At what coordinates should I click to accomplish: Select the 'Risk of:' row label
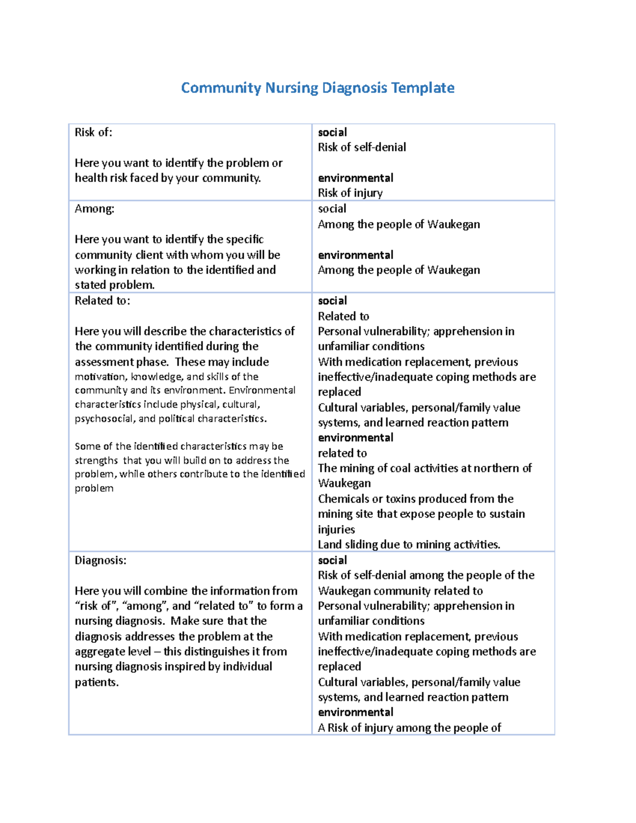pyautogui.click(x=93, y=132)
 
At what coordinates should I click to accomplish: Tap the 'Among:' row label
pyautogui.click(x=94, y=209)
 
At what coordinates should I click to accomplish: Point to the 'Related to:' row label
pyautogui.click(x=102, y=301)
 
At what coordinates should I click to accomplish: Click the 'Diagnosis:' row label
pyautogui.click(x=100, y=561)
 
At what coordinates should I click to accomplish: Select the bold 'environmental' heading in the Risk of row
pyautogui.click(x=355, y=178)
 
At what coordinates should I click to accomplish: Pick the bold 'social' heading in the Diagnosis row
pyautogui.click(x=332, y=561)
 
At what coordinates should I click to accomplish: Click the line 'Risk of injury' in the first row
pyautogui.click(x=350, y=193)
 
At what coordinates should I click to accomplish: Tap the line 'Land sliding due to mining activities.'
pyautogui.click(x=409, y=545)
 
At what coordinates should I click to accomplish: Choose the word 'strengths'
pyautogui.click(x=96, y=461)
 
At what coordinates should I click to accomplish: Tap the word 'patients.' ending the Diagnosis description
pyautogui.click(x=96, y=683)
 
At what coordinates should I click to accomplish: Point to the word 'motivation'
pyautogui.click(x=99, y=377)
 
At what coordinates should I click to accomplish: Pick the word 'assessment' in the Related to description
pyautogui.click(x=104, y=362)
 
